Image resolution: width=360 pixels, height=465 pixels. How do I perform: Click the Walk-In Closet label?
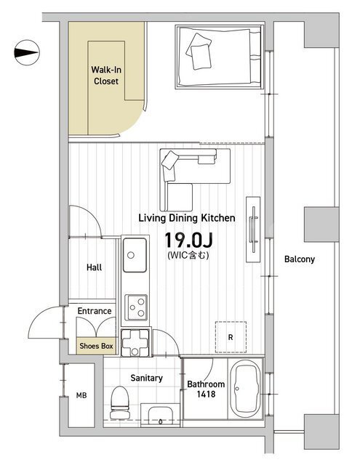(106, 76)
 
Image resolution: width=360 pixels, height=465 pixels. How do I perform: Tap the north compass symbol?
(27, 53)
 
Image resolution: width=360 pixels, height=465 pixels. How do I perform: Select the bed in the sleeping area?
(220, 57)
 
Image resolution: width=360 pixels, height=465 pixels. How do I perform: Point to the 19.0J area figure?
(189, 240)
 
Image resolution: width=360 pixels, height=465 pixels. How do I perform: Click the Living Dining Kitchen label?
(187, 218)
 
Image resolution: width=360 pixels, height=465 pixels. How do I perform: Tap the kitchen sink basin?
(135, 255)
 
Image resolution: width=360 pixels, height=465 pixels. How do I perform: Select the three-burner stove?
(136, 307)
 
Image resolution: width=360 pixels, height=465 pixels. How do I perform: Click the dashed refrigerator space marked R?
(231, 337)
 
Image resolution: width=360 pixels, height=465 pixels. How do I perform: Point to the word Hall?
(94, 267)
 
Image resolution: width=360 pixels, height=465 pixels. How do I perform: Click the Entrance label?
(95, 311)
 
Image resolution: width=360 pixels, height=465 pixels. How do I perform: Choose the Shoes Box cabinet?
(96, 346)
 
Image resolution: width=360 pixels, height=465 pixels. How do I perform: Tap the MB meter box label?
(81, 395)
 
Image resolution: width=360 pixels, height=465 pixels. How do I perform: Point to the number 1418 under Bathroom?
(206, 394)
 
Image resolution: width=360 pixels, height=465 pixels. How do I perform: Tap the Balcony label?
(300, 259)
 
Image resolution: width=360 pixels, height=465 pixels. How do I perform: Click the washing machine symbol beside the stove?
(136, 342)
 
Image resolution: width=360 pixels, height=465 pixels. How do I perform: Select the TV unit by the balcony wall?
(253, 230)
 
